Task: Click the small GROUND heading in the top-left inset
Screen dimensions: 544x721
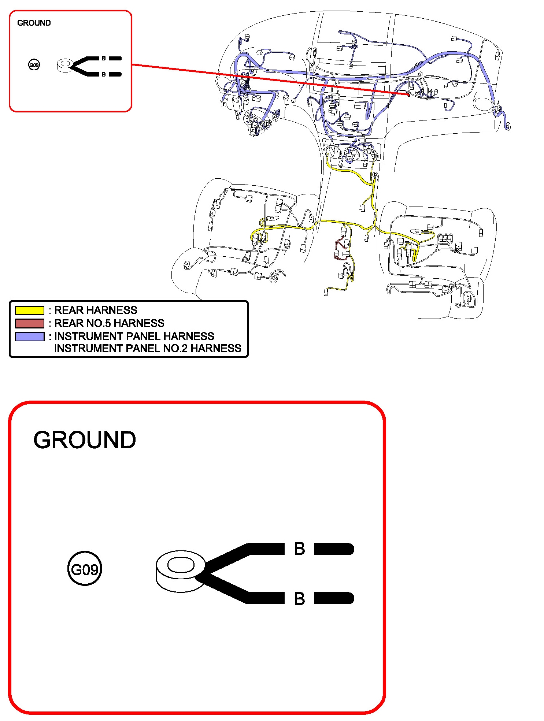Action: (x=34, y=23)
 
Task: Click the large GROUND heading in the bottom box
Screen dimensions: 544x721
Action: (x=85, y=440)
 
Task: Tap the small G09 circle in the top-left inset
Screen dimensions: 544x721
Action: (x=34, y=65)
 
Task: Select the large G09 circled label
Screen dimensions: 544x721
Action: (x=85, y=569)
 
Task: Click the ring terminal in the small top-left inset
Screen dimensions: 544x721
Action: (x=65, y=65)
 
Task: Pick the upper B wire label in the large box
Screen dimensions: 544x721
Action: (x=299, y=549)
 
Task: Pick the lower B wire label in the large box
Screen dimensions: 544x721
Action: (x=299, y=599)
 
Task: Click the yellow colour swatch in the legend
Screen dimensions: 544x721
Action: (x=30, y=311)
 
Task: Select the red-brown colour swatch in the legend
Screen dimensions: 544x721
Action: (x=30, y=323)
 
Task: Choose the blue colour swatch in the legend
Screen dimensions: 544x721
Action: (x=30, y=337)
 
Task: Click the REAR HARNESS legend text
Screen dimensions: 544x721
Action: (x=96, y=311)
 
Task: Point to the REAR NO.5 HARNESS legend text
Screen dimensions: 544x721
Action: (x=109, y=323)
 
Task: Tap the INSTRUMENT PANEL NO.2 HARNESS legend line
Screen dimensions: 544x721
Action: (x=148, y=348)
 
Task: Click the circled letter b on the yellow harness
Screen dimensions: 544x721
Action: (x=375, y=175)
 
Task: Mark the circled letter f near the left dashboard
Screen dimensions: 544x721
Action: (x=223, y=104)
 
